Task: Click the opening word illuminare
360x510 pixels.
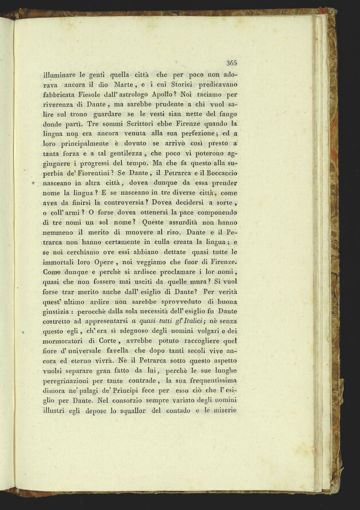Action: pyautogui.click(x=63, y=74)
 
